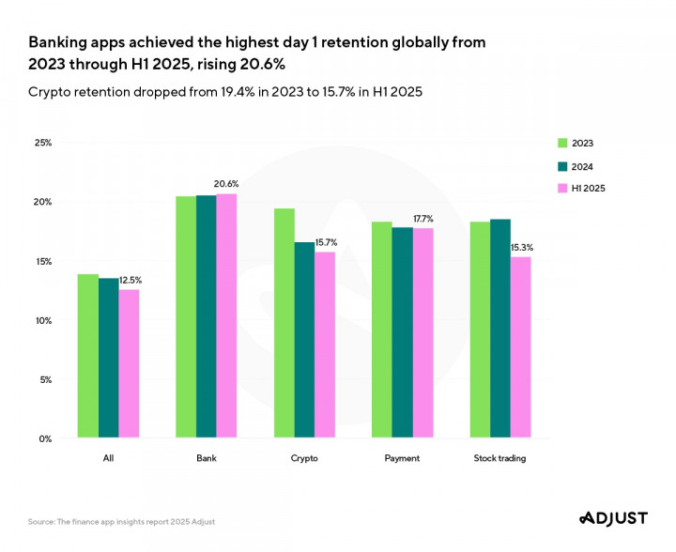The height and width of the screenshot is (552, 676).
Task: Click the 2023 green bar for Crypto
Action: pos(284,323)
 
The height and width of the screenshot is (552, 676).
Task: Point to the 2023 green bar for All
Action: pos(88,356)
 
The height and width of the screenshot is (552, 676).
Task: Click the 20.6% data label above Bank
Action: pos(226,184)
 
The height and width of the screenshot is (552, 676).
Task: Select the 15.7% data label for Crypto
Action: pos(325,242)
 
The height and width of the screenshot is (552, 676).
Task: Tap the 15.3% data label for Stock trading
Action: pos(520,247)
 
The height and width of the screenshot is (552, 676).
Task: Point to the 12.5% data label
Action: pos(131,280)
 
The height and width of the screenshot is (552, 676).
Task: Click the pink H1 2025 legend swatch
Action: pos(562,189)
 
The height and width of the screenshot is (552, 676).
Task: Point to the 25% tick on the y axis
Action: pos(43,143)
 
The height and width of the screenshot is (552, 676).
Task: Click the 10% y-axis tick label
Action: pos(43,320)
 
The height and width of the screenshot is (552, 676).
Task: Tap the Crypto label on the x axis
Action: pos(304,458)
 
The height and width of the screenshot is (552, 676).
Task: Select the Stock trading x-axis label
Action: pos(500,458)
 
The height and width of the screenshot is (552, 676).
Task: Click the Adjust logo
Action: pos(614,518)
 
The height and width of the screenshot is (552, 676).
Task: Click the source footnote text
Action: pos(127,522)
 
